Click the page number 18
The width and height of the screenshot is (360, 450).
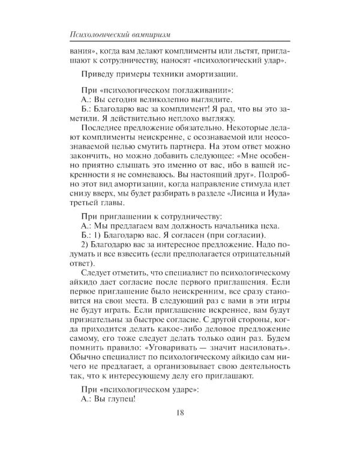pos(180,428)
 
